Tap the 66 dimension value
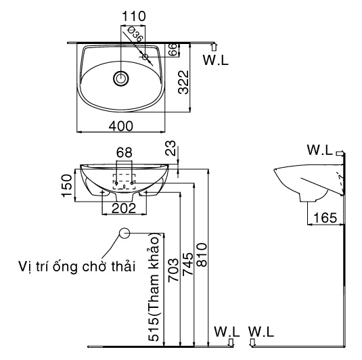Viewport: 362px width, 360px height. pos(173,49)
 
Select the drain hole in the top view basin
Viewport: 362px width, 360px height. pos(121,78)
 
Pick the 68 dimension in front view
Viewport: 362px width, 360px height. pos(124,152)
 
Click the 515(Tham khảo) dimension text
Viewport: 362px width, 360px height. pos(155,288)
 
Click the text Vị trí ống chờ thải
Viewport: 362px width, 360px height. pos(76,266)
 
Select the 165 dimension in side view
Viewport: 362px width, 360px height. pos(325,218)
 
